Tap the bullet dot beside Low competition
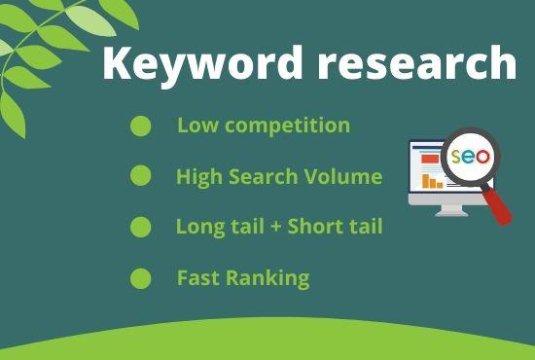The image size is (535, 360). pyautogui.click(x=141, y=126)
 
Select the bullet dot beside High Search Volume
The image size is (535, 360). pyautogui.click(x=141, y=176)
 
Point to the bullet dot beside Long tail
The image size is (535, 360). pyautogui.click(x=141, y=227)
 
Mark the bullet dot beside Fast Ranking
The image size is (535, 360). pyautogui.click(x=141, y=278)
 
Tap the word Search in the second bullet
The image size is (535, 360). pyautogui.click(x=264, y=177)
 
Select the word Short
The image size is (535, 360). pyautogui.click(x=315, y=227)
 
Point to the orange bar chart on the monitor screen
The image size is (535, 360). pyautogui.click(x=432, y=181)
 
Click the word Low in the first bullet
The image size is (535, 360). pyautogui.click(x=196, y=126)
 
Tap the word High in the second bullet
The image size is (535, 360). pyautogui.click(x=197, y=177)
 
